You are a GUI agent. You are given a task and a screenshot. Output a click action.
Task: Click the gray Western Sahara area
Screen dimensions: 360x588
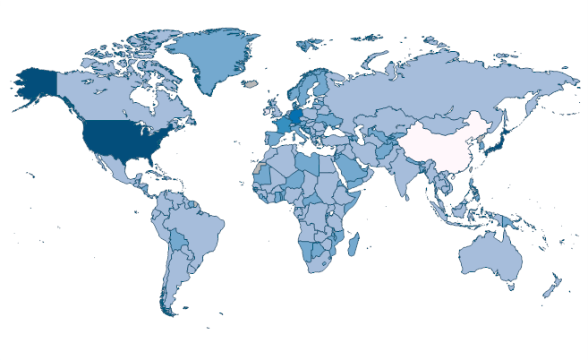259,167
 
